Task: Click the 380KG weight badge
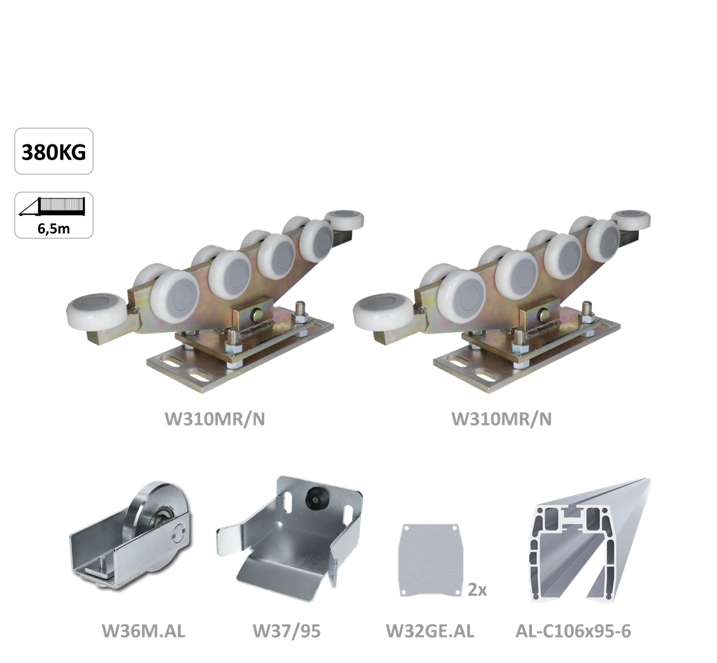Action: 54,151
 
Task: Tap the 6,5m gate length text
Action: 54,228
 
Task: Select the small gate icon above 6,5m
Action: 52,207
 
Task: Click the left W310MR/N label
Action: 215,418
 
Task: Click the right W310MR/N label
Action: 501,418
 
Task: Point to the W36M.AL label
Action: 143,631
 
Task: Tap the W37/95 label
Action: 287,631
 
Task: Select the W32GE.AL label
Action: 430,631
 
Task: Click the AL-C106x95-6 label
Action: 573,631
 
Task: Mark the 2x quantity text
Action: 477,590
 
